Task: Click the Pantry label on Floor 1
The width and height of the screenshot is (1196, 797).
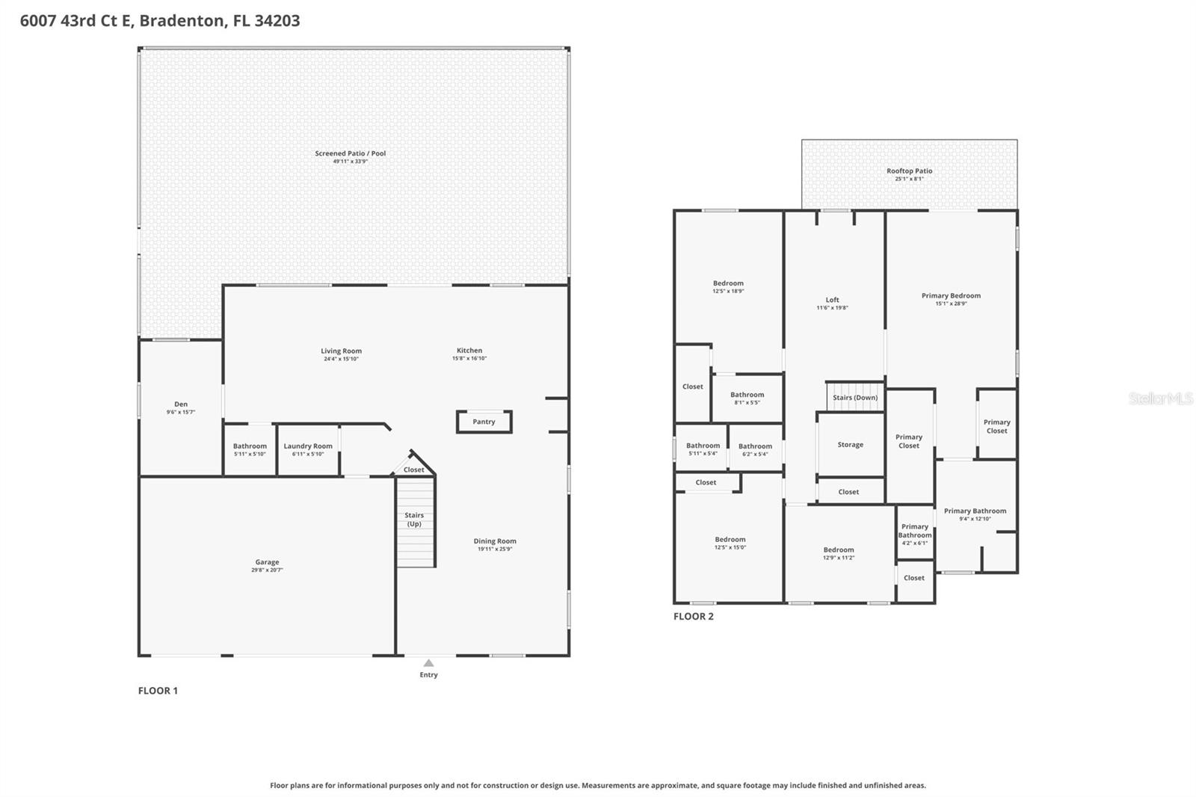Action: pos(484,422)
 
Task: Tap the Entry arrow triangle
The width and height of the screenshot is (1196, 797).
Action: pos(428,663)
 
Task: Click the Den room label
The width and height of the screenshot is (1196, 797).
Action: pos(181,404)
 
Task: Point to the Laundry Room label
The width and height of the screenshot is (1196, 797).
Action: pos(308,446)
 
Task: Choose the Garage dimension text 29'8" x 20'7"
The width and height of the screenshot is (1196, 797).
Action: pos(267,570)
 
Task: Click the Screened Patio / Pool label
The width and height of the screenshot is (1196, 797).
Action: pos(351,153)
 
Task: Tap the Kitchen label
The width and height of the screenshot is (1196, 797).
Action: pos(469,351)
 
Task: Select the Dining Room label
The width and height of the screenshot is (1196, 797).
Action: pos(495,541)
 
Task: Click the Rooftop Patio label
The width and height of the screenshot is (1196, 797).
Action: pos(909,171)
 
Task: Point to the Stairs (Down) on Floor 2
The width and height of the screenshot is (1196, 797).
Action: pos(855,397)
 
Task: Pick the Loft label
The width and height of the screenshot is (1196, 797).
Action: pos(832,300)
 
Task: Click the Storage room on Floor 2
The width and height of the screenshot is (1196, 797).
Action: pos(851,445)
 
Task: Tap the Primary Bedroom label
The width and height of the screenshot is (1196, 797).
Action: pos(951,296)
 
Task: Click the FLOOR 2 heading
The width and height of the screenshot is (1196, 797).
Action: pos(693,616)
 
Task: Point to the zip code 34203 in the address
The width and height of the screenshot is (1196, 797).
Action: pos(277,20)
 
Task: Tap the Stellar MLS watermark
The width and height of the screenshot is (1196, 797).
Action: pos(1160,398)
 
